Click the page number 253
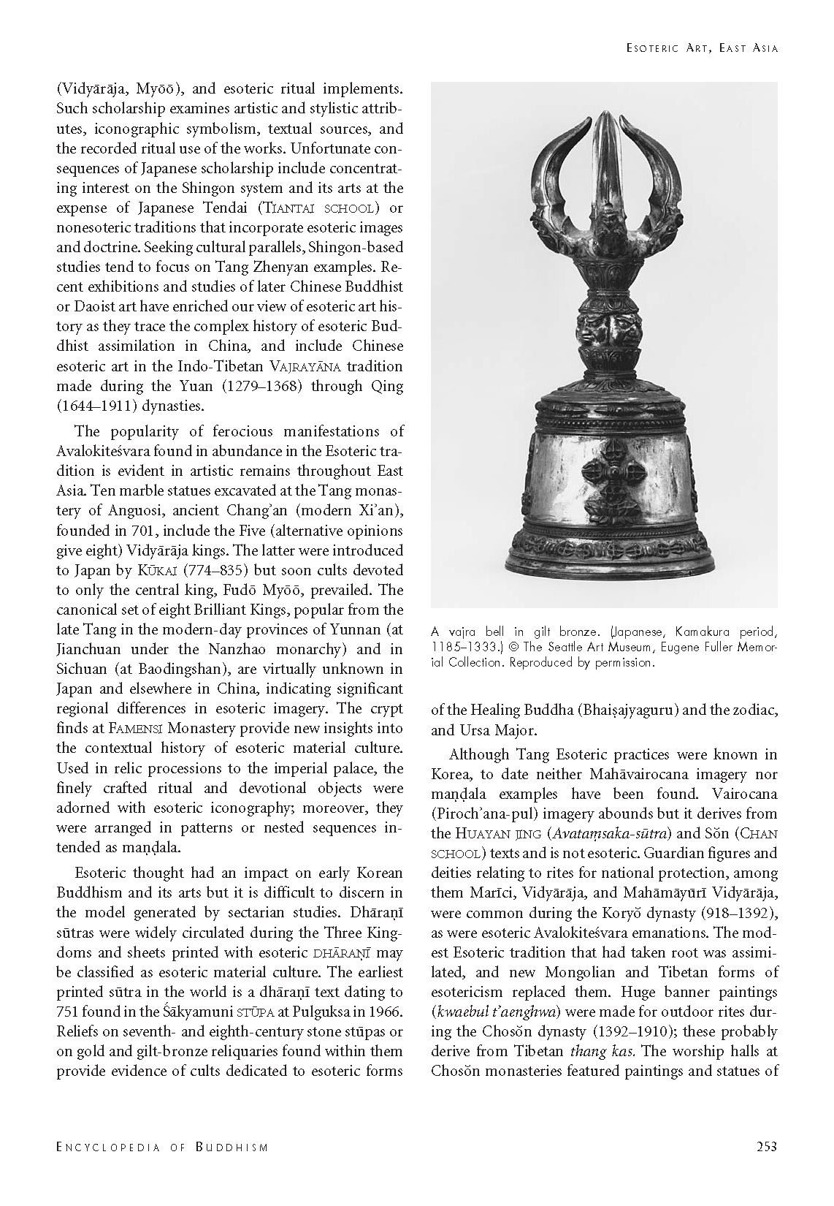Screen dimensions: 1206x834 [x=766, y=1146]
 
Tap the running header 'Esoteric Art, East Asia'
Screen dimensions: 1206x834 [x=702, y=48]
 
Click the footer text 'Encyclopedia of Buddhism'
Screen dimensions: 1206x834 [x=162, y=1147]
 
